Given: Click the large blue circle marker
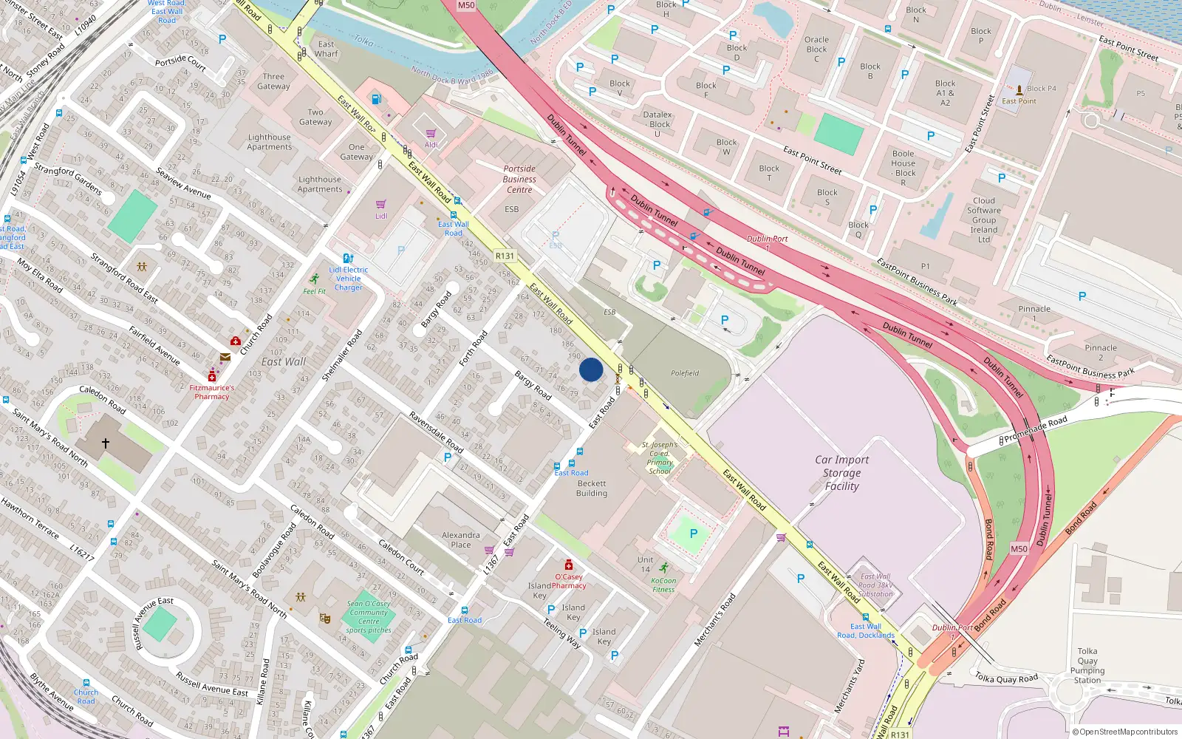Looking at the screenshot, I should (591, 369).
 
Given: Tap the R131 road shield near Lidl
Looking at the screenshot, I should (505, 256).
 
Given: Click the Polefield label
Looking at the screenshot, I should (685, 373).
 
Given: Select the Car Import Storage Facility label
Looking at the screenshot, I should (841, 473).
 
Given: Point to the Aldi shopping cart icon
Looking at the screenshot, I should (431, 134).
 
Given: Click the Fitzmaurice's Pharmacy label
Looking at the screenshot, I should (212, 392).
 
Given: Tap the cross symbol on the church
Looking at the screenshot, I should (106, 443).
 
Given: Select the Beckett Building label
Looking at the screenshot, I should (592, 488).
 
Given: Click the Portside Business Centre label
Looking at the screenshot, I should (519, 179).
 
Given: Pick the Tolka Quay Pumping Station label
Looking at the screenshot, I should (1087, 666).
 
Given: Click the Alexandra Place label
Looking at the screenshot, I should (460, 539).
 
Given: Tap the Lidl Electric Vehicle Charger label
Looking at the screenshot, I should (349, 279).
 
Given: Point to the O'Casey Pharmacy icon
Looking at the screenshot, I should (568, 565).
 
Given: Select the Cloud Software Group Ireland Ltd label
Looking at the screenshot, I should (984, 220).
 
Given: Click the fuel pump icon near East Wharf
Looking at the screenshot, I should (377, 99).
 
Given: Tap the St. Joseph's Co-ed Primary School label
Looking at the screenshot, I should (660, 457).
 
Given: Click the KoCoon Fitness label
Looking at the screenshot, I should (663, 585).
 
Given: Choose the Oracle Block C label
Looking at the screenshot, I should (816, 50).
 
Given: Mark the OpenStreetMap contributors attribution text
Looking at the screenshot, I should (1124, 732).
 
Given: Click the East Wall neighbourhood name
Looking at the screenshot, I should (284, 361).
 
